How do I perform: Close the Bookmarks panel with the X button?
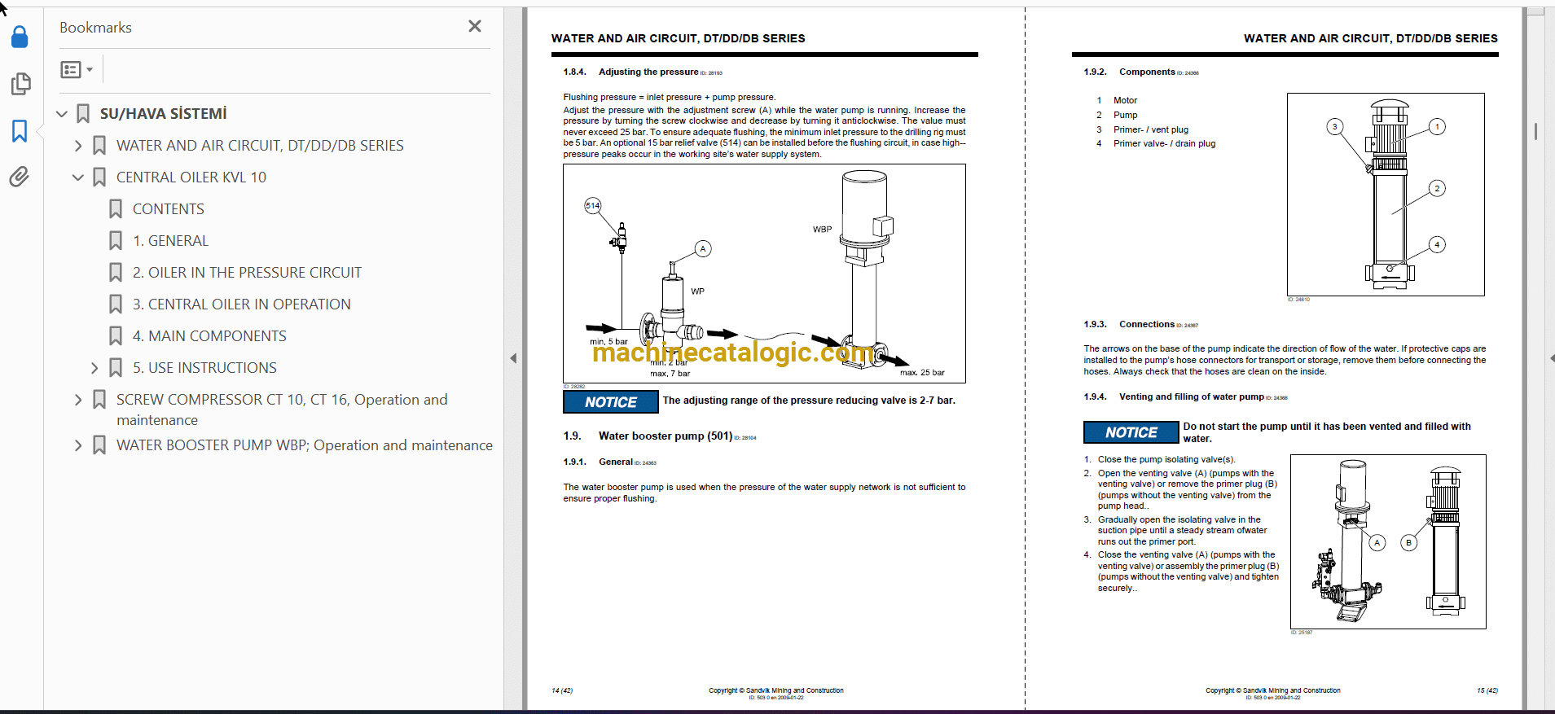pos(475,27)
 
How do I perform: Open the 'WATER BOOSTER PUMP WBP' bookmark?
pos(304,445)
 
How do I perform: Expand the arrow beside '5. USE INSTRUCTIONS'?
pos(94,368)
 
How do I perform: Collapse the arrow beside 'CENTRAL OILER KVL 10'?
pos(78,177)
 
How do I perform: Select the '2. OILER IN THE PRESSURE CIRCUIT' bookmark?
pos(246,273)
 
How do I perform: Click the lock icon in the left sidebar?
pos(20,37)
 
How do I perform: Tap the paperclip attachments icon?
pos(20,177)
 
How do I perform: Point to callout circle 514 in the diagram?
pos(593,206)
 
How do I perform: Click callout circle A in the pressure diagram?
pos(703,249)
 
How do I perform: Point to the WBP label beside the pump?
pos(822,230)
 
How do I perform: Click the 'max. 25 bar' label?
pos(922,373)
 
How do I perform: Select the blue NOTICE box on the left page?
pos(611,402)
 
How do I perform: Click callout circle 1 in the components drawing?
pos(1438,127)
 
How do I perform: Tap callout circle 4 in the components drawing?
pos(1437,245)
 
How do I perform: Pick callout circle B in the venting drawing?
pos(1408,543)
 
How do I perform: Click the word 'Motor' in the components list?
pos(1125,101)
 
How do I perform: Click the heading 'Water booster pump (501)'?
pos(665,436)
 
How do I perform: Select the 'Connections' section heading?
pos(1146,324)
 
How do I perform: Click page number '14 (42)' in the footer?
pos(562,691)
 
